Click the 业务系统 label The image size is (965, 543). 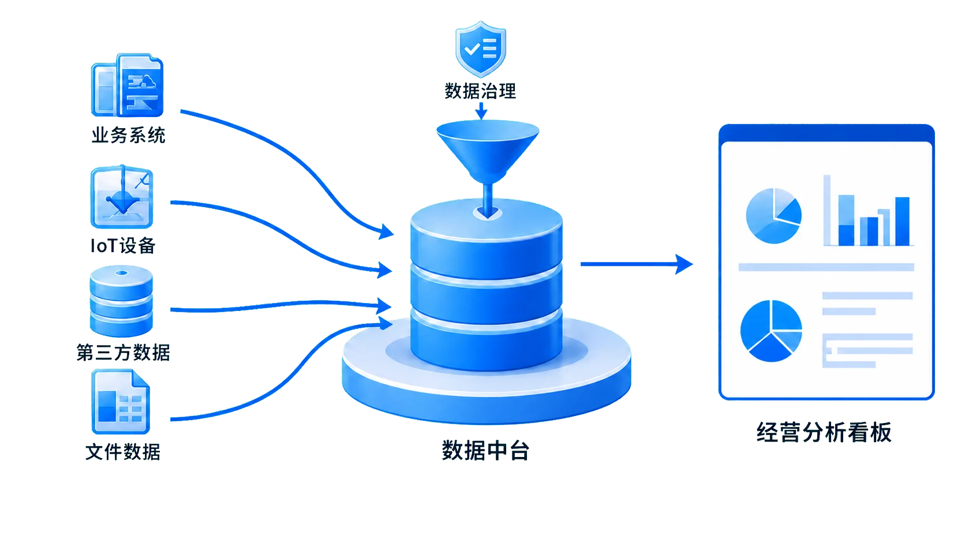[128, 135]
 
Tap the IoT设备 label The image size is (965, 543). [123, 246]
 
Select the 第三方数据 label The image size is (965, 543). [123, 353]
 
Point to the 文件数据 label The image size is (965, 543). [123, 452]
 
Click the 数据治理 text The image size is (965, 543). [480, 91]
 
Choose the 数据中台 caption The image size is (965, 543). [486, 451]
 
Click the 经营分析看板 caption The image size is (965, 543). [824, 432]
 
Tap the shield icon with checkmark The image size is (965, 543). [481, 48]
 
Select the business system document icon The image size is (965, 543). [127, 85]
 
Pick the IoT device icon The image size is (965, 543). [122, 196]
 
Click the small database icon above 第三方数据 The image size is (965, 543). [121, 301]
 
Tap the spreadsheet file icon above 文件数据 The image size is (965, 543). [121, 401]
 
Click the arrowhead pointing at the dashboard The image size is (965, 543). [684, 264]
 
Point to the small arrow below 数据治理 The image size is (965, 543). [481, 112]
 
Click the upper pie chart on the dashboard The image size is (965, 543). [774, 216]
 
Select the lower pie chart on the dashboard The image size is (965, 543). [771, 331]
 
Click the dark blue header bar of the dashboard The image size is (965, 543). [826, 133]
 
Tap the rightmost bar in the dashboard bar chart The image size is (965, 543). [902, 222]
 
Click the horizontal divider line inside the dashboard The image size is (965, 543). [826, 267]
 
